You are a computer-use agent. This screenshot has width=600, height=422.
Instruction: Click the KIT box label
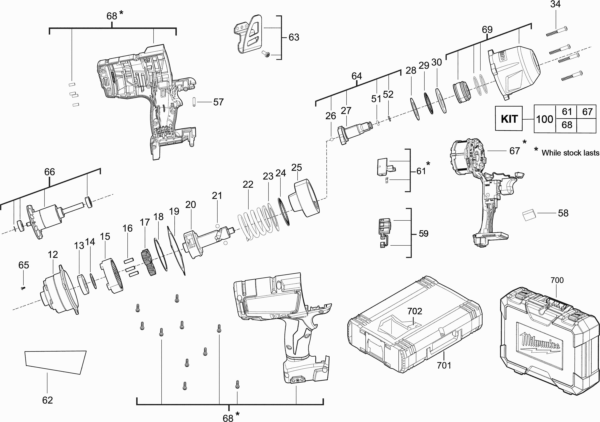point(509,119)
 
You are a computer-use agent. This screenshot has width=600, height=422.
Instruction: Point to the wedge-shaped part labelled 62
point(55,361)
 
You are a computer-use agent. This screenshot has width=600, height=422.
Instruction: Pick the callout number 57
point(218,102)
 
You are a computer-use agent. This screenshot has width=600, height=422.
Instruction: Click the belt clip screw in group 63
point(266,54)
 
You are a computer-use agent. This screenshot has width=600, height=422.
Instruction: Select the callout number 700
point(557,280)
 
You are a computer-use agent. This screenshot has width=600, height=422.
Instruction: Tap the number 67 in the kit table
point(587,112)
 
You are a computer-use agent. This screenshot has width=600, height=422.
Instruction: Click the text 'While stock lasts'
point(570,153)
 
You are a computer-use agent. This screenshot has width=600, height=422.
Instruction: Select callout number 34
point(555,4)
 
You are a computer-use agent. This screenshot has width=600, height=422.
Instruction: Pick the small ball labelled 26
point(331,139)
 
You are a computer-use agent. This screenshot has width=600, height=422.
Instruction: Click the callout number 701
point(444,365)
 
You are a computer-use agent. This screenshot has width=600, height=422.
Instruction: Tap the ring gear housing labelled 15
point(112,276)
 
